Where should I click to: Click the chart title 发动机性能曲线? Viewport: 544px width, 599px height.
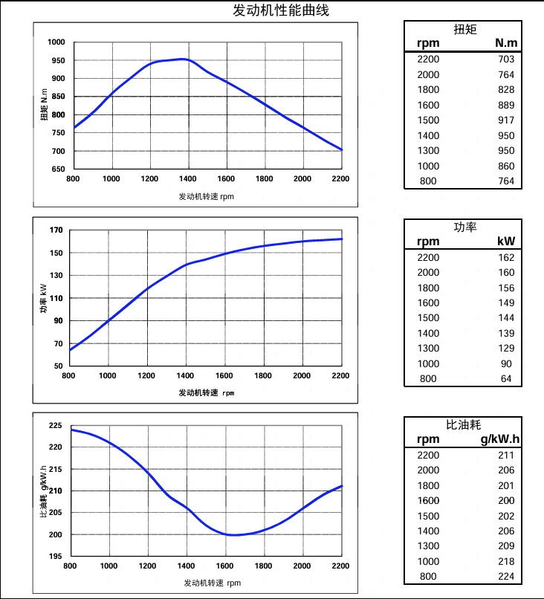pos(280,10)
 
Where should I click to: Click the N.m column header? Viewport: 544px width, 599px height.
pos(506,43)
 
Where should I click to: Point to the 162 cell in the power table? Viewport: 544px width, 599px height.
pos(506,257)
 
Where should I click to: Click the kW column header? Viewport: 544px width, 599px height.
pos(506,241)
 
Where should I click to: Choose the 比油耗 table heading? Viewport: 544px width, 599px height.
pos(464,424)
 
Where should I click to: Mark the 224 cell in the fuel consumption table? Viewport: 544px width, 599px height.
pos(506,577)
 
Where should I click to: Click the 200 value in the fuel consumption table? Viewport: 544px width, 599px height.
pos(506,500)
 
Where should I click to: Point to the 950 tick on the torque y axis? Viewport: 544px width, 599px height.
pos(57,60)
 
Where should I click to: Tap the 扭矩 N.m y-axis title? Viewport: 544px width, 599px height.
pos(45,105)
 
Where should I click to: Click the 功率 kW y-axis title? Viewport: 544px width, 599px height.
pos(43,298)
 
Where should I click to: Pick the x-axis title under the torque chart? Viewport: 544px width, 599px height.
pos(207,197)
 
